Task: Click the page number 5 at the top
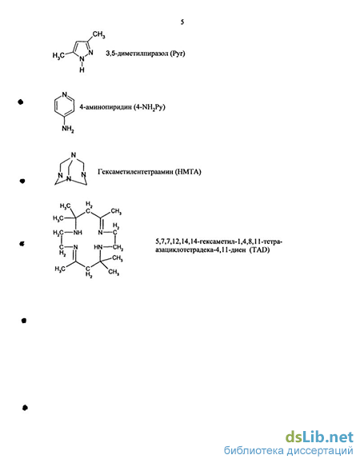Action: (182, 22)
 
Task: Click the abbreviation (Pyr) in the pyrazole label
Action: (178, 54)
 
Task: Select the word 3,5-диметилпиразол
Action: (137, 54)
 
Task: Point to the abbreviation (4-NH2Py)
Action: (149, 107)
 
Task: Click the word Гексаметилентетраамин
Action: (135, 172)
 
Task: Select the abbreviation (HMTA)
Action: (188, 172)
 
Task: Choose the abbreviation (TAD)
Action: (259, 250)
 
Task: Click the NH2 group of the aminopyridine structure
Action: (68, 129)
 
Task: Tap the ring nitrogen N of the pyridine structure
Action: (64, 95)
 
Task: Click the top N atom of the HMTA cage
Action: (74, 154)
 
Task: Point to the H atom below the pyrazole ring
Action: (82, 70)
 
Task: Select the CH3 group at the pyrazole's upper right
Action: (98, 35)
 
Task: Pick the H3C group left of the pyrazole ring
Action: (58, 55)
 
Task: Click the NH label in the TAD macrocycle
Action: (78, 233)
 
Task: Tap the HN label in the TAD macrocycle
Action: (98, 247)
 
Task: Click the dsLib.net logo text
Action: (319, 437)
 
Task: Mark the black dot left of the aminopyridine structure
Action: (20, 102)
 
